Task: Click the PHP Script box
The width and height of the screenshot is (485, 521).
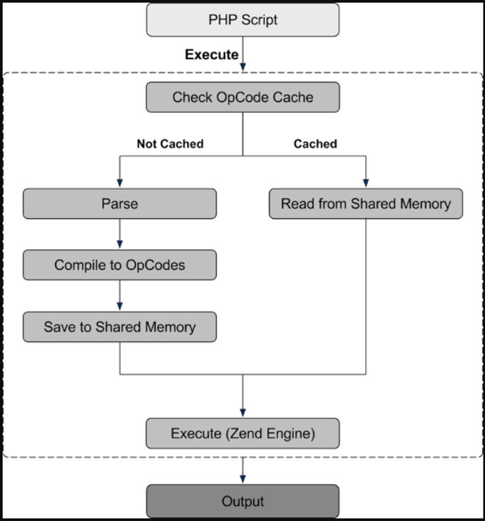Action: tap(242, 20)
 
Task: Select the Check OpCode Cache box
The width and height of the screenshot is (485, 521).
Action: tap(242, 97)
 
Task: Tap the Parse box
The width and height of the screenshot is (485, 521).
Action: tap(119, 204)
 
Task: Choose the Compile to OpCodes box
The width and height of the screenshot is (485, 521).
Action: tap(119, 265)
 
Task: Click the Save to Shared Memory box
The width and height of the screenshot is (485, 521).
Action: tap(119, 327)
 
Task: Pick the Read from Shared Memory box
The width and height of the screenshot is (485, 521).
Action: tap(366, 204)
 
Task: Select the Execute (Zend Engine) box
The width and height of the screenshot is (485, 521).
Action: tap(242, 433)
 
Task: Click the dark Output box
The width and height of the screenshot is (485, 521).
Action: tap(242, 502)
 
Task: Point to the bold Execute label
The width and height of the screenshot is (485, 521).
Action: tap(212, 55)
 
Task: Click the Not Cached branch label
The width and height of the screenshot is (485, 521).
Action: tap(170, 144)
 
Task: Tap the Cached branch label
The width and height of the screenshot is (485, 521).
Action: tap(315, 144)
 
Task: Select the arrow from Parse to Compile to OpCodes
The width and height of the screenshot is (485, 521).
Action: tap(119, 234)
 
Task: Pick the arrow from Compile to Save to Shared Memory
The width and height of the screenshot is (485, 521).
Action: tap(119, 296)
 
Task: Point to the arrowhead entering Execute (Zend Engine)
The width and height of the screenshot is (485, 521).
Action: tap(242, 413)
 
